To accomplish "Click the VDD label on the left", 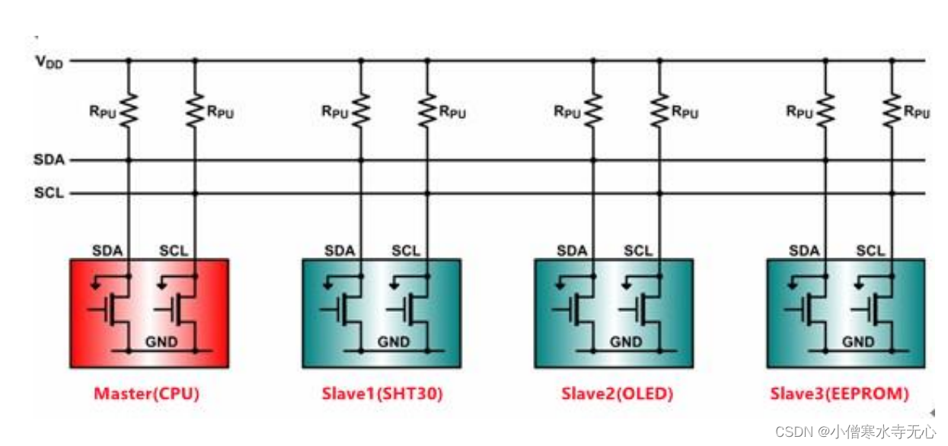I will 49,62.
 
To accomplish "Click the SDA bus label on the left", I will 49,161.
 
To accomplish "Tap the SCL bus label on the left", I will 49,193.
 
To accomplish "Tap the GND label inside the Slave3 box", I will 858,342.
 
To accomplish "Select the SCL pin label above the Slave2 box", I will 638,251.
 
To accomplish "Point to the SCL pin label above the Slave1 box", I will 406,251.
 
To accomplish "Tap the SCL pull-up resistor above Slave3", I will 892,111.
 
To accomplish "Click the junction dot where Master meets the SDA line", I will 128,161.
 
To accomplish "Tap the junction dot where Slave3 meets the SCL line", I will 892,193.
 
